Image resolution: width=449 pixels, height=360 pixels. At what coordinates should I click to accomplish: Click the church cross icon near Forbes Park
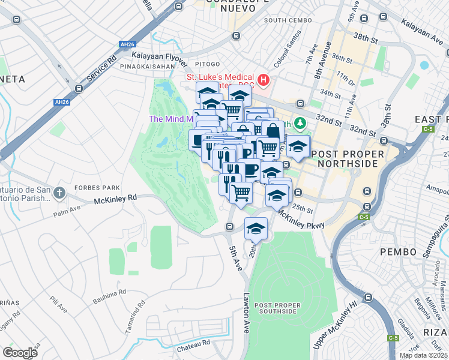tap(59, 193)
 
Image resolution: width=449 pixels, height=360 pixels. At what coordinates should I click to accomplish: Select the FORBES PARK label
tap(94, 187)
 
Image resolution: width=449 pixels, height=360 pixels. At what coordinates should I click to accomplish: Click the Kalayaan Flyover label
tap(156, 55)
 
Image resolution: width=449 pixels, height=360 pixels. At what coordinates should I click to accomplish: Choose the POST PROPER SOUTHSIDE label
tap(276, 308)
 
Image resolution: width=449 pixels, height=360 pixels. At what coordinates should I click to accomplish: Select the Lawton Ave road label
tap(246, 313)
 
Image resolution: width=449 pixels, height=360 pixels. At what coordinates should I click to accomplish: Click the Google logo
tap(20, 352)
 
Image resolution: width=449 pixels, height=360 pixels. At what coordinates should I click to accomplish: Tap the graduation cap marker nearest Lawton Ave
tap(256, 230)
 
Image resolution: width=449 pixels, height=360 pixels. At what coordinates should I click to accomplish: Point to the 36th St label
tap(342, 58)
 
